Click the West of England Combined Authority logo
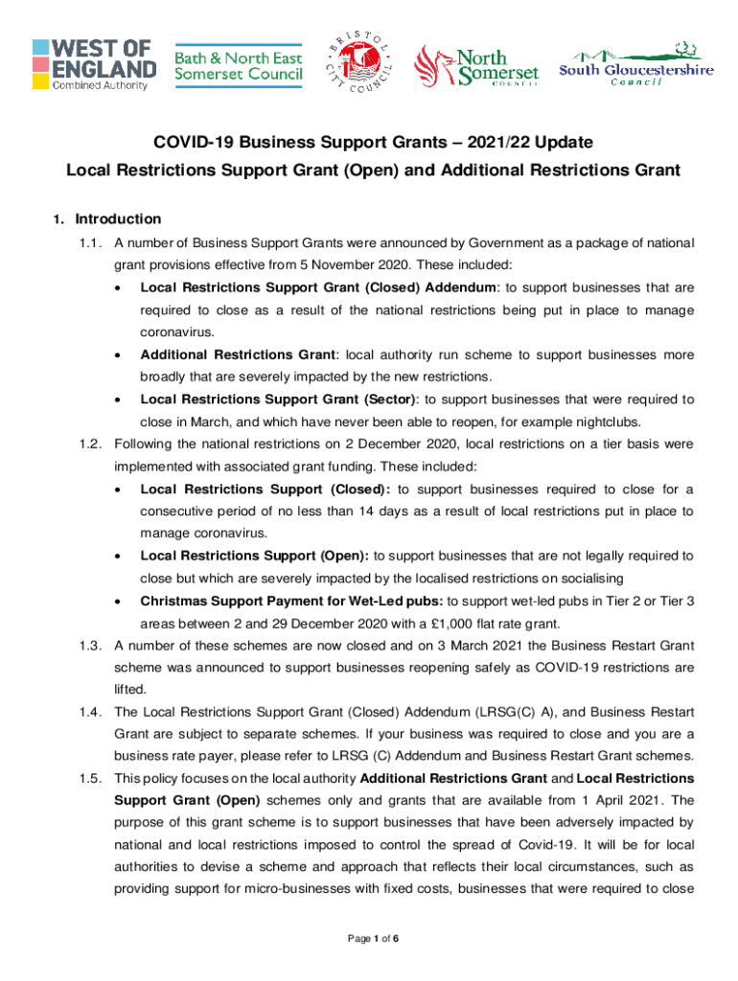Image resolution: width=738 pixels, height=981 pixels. (x=93, y=64)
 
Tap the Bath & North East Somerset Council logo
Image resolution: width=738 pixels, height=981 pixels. (x=238, y=63)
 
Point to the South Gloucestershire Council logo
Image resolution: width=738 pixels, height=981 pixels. (x=636, y=64)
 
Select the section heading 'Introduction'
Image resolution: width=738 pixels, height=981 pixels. (x=118, y=218)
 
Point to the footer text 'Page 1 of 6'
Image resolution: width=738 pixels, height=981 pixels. (x=369, y=938)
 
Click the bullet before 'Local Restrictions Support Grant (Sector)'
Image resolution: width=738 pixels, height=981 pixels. (x=117, y=399)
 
